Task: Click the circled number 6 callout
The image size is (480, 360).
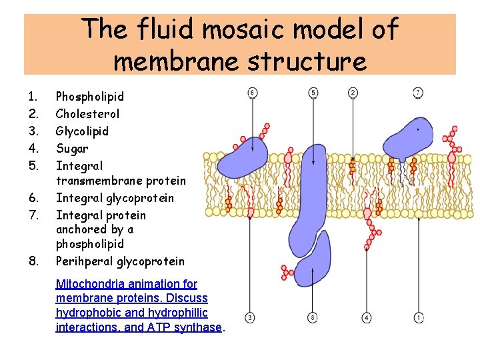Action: [252, 92]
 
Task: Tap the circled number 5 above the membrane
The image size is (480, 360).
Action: [313, 92]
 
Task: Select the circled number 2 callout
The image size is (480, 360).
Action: [353, 92]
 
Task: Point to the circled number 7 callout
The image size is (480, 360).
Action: [418, 92]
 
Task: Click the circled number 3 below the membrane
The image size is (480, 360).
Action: [250, 317]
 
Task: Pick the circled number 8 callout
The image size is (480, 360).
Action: [313, 317]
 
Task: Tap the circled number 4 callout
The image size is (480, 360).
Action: [367, 317]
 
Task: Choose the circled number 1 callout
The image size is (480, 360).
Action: [418, 317]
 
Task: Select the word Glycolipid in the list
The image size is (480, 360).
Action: [82, 131]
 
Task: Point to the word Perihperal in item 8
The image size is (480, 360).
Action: [85, 261]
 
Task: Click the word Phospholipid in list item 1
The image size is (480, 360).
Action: [90, 97]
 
